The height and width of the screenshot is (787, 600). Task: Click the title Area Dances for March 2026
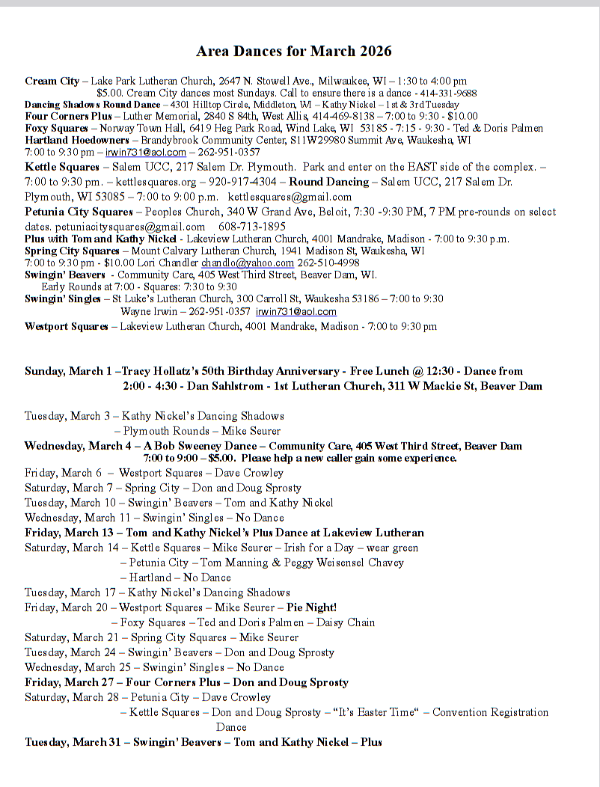click(293, 52)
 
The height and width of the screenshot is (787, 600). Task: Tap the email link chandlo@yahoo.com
click(248, 263)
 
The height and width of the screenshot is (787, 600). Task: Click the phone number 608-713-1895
click(251, 226)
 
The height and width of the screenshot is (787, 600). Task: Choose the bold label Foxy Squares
click(56, 128)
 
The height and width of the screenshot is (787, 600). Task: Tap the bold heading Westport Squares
click(66, 326)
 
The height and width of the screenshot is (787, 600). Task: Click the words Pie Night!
click(311, 607)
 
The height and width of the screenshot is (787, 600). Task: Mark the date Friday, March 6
click(63, 473)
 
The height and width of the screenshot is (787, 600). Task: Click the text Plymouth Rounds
click(166, 431)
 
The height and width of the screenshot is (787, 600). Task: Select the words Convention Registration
click(490, 712)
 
